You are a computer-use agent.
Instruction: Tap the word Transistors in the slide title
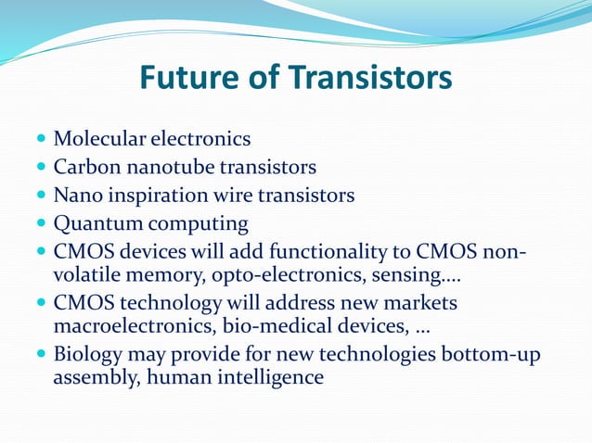371,77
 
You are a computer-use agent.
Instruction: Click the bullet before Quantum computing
41,224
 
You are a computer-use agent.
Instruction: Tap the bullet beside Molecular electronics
41,140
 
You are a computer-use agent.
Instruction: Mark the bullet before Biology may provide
41,355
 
